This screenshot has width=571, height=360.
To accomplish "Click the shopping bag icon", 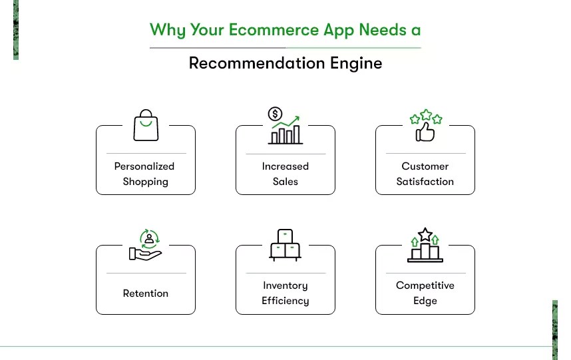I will pos(146,126).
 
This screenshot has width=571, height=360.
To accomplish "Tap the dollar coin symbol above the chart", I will pos(275,114).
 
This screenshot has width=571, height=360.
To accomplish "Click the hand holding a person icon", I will pos(146,246).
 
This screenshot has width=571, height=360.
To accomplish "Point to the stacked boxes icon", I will pos(285,245).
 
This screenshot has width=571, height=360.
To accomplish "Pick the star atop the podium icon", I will pos(425,234).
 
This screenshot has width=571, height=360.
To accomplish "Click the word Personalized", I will pos(144,166).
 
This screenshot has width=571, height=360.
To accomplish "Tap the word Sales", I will pos(285,181).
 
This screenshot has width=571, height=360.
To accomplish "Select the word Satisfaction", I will pos(425,181).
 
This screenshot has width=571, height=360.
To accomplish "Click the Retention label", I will pos(146,293).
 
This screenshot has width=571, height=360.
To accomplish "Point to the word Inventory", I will pos(285,285).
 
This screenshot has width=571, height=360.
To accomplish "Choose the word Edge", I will pos(425,301).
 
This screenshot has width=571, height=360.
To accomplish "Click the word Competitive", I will pos(425,285).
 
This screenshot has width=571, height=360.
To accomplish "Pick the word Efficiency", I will pos(285,301).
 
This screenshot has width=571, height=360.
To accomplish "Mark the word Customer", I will pos(425,166).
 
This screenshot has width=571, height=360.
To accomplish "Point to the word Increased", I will pos(285,166).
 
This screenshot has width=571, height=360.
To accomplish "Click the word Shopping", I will pos(146,182).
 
